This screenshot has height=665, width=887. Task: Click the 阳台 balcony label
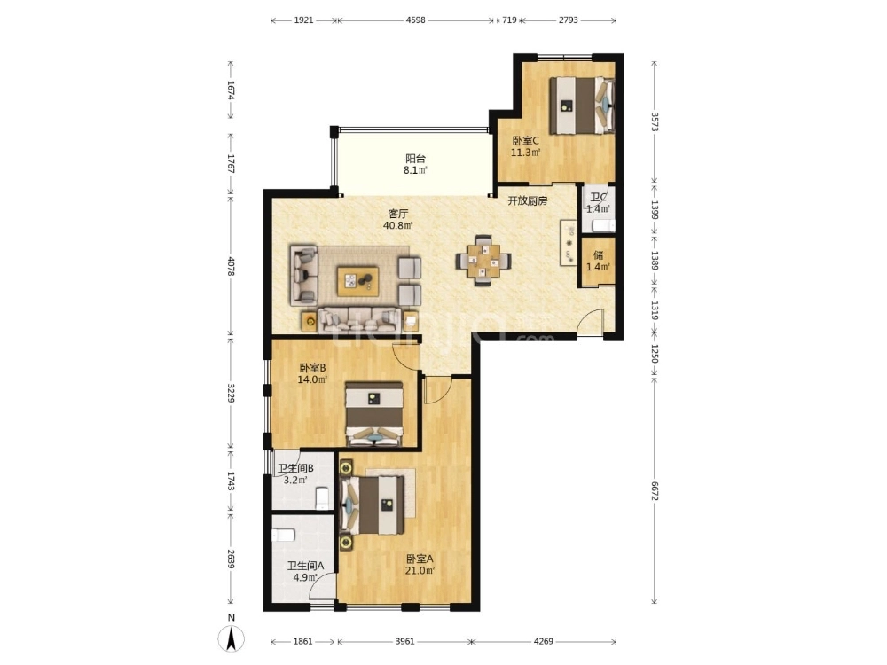pos(415,159)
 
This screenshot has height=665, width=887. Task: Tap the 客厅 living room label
pos(398,213)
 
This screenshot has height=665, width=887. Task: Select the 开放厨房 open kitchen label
pos(527,200)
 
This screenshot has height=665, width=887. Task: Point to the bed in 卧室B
pos(373,413)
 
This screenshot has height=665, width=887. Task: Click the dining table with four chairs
pos(483,260)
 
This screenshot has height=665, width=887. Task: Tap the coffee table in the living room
pos(357,282)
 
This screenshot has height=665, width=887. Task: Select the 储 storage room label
pos(598,254)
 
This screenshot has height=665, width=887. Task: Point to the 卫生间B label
pos(294,469)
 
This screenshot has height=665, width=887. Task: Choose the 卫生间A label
pos(303,566)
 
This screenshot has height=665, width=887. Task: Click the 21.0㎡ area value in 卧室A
pos(420,571)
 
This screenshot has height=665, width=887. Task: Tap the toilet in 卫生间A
pos(284,535)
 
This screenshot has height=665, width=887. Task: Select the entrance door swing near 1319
pos(592,324)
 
